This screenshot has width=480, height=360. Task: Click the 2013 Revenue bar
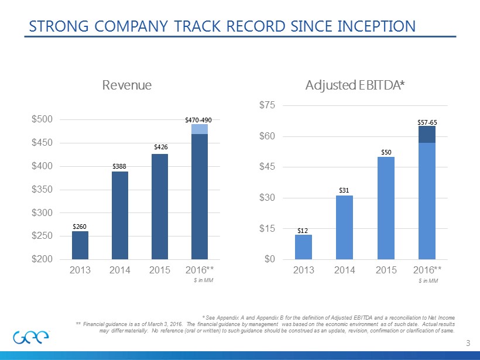click(x=80, y=245)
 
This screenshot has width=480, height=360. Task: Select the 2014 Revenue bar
click(x=120, y=215)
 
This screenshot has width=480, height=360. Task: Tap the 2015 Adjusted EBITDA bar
click(x=386, y=207)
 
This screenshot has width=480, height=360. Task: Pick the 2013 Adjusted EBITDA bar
click(x=303, y=246)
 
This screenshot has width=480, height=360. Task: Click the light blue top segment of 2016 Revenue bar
click(x=200, y=129)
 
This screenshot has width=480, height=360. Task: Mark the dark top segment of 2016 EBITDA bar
click(x=427, y=134)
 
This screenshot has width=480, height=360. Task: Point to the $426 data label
click(x=160, y=148)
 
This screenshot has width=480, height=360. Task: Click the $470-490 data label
click(x=198, y=119)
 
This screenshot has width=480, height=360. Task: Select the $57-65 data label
click(x=427, y=122)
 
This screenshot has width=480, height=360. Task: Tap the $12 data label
click(x=303, y=231)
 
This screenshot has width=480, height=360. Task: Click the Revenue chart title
click(x=127, y=85)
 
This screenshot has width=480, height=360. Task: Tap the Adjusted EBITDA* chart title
click(x=355, y=85)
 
